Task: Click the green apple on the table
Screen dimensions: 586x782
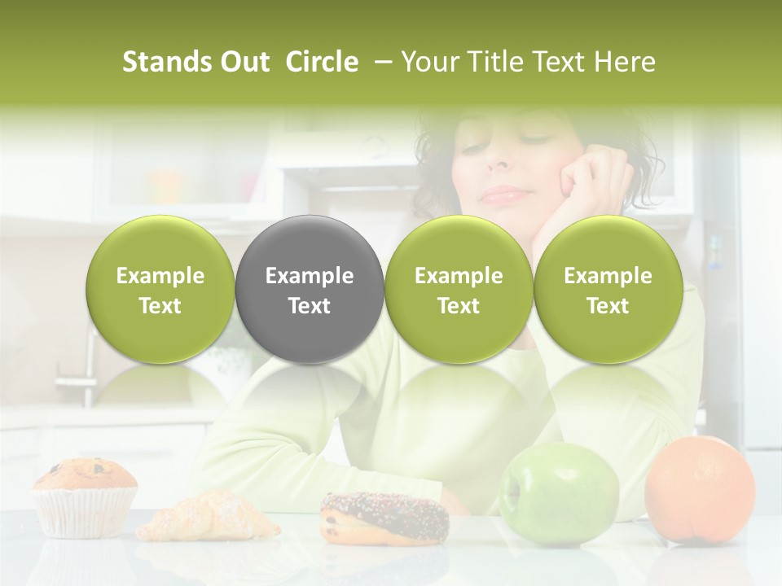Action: coord(559,492)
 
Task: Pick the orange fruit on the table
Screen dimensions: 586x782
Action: coord(699,488)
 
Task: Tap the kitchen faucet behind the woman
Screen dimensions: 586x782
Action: coord(88,366)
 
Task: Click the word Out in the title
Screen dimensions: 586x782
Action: coord(244,62)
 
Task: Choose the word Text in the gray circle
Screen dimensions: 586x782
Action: coord(309,306)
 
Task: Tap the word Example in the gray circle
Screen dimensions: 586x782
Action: coord(309,276)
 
